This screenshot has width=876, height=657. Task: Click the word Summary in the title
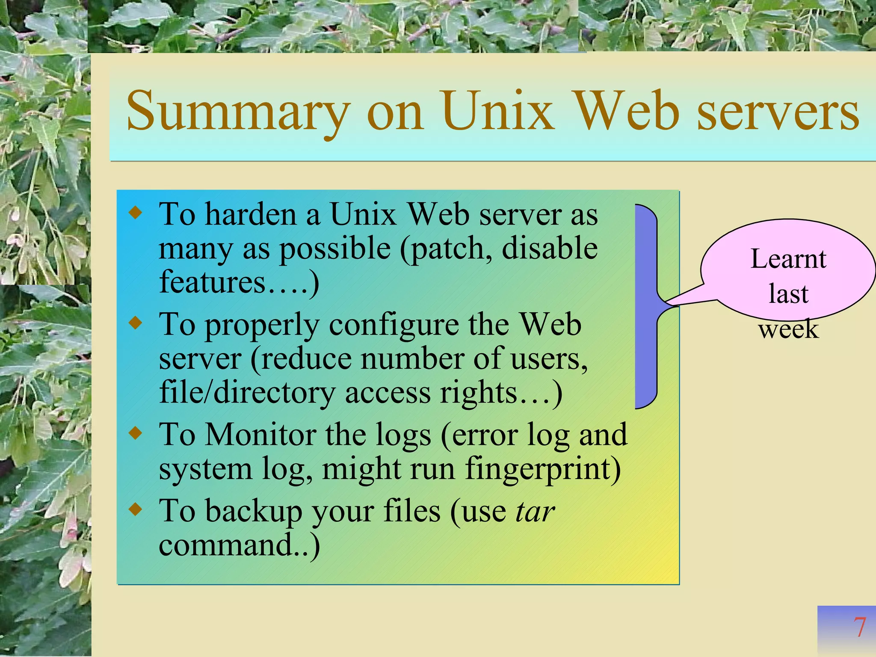click(x=238, y=112)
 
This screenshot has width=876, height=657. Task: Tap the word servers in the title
click(x=778, y=112)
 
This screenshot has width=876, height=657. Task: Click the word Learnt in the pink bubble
click(x=788, y=259)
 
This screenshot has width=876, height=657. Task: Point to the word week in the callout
click(x=788, y=329)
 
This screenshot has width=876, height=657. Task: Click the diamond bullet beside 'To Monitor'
click(x=136, y=433)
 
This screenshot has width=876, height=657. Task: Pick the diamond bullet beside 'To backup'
click(x=136, y=509)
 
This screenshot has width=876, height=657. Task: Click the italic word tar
click(x=535, y=511)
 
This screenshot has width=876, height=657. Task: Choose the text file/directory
click(x=247, y=393)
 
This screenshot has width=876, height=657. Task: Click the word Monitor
click(x=261, y=435)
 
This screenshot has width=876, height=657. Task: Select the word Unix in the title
click(x=497, y=112)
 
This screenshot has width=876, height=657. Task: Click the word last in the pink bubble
click(x=788, y=294)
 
